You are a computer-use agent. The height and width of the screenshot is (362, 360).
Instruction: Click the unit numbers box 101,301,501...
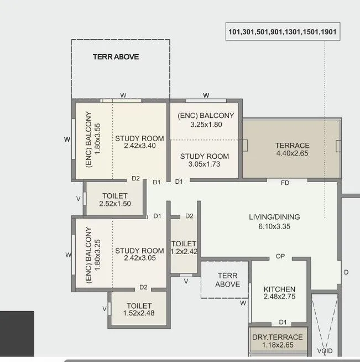coord(282,32)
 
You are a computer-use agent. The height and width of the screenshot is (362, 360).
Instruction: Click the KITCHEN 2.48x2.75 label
coord(279,293)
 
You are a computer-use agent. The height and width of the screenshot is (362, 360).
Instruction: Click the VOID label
coord(325,351)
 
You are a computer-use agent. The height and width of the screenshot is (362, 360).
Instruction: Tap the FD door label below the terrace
coord(285,182)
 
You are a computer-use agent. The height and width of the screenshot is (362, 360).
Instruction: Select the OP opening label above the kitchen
coord(280,256)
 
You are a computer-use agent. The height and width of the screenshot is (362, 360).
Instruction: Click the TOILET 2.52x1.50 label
coord(114,200)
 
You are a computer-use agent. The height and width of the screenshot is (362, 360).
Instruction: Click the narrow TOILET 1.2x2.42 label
coord(184,247)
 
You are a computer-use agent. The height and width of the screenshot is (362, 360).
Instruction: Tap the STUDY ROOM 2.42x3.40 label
coord(139,142)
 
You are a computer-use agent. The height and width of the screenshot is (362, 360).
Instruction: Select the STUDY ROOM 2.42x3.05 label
coord(139,255)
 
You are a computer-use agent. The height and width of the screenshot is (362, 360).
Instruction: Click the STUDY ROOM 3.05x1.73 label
coord(204,160)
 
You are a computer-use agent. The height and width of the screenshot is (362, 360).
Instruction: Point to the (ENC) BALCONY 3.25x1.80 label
coord(206,120)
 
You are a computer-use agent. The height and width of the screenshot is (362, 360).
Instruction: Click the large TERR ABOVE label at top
coord(116,56)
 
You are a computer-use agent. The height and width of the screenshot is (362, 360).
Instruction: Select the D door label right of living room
coord(346,272)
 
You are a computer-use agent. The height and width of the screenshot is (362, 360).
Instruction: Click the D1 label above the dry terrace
coord(283,322)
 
